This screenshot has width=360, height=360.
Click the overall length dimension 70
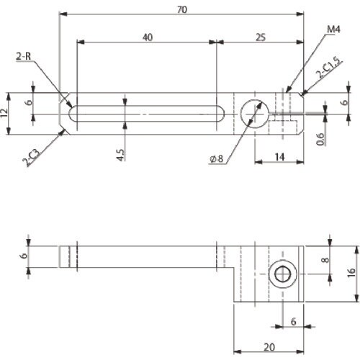(182, 10)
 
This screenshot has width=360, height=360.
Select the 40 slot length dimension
(148, 37)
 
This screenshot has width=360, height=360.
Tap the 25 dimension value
(261, 37)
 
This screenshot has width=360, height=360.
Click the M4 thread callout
(334, 30)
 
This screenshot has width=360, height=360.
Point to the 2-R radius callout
(24, 56)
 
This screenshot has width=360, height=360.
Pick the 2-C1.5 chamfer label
(329, 68)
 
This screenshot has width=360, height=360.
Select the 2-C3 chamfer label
(31, 157)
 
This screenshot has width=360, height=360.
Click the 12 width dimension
(4, 113)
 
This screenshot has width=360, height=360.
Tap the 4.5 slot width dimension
(120, 155)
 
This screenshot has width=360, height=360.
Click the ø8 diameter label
(217, 158)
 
